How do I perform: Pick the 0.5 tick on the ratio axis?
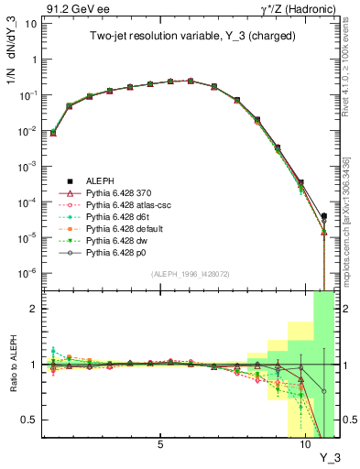coord(34,420)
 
